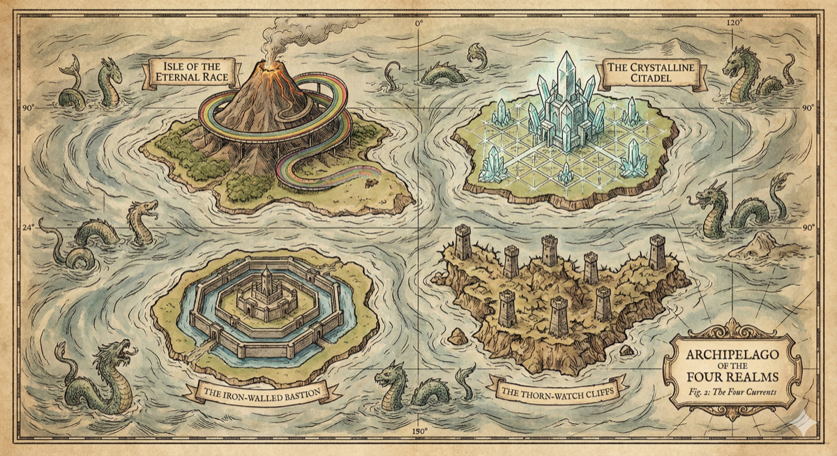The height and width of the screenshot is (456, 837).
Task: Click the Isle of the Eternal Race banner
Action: pos(191,72)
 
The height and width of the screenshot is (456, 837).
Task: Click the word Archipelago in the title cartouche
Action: pos(732,354)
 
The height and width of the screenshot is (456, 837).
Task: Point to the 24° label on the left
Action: pos(28,227)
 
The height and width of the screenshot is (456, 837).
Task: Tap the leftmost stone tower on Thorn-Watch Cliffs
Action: pos(462,241)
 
